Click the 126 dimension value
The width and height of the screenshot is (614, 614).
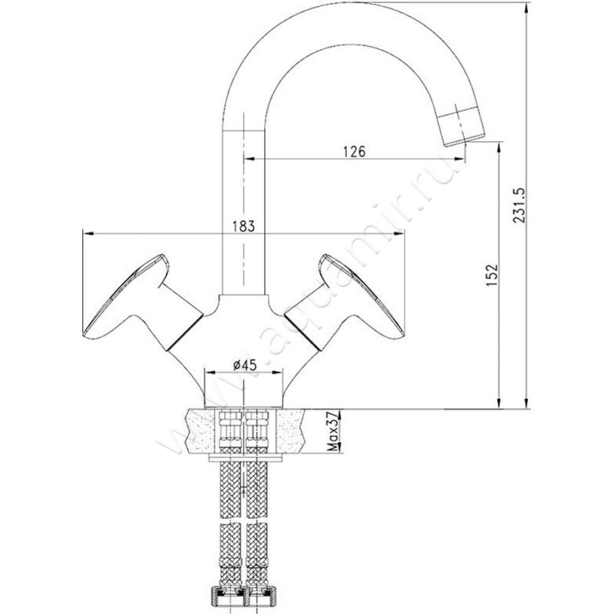point(354,151)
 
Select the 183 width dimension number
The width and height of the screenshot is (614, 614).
point(243,226)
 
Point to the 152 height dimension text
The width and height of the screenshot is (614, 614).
point(492,276)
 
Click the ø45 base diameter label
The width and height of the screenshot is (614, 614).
point(244,365)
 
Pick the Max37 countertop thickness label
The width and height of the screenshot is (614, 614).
point(332,431)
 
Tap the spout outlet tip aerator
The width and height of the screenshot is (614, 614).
point(462,126)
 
